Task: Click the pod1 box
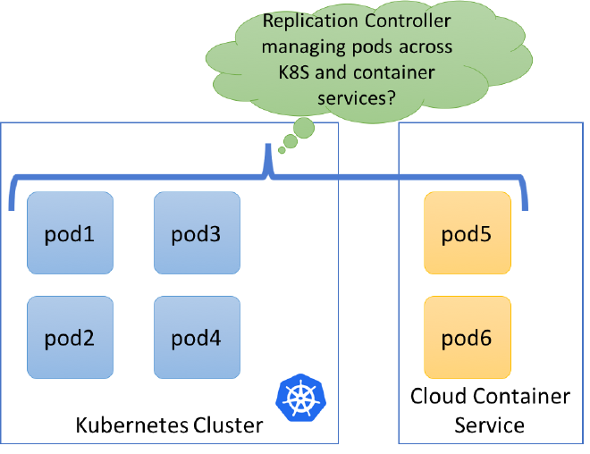[70, 234]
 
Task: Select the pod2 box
[70, 339]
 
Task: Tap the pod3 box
[197, 234]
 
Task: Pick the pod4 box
[197, 339]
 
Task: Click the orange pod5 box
[467, 234]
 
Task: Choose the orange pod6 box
[467, 339]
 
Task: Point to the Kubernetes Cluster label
[169, 425]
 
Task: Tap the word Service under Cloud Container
[489, 425]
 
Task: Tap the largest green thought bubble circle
[305, 128]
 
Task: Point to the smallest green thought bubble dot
[282, 150]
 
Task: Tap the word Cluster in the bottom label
[229, 425]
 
